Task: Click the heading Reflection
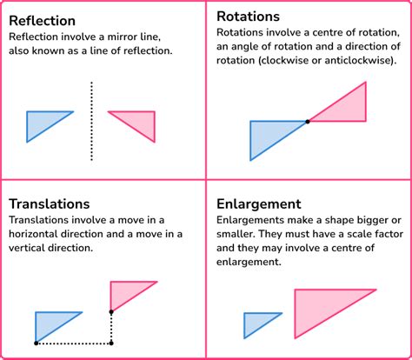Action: (43, 21)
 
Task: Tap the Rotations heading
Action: (248, 17)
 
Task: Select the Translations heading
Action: (50, 203)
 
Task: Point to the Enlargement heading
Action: (259, 204)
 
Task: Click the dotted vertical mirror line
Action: (91, 121)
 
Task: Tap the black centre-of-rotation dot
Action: (308, 122)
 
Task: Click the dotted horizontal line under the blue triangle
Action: (74, 343)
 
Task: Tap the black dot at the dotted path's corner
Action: (111, 343)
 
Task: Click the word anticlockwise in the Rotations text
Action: (359, 60)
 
